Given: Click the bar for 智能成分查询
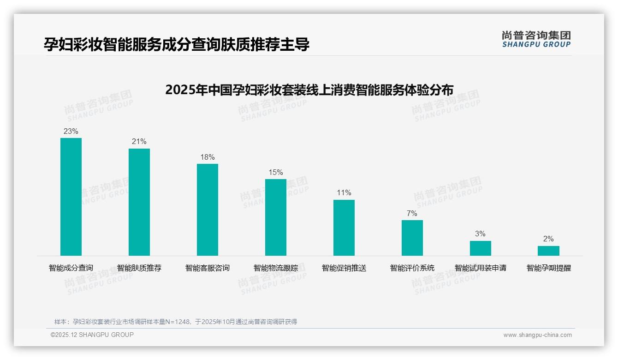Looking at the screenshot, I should click(71, 197).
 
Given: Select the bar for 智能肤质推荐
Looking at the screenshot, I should click(139, 202).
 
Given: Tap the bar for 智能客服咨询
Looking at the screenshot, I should click(208, 210).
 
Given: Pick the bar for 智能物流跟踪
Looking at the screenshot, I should click(276, 217).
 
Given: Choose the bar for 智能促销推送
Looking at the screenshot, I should click(344, 228).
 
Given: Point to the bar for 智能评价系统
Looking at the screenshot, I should click(412, 238).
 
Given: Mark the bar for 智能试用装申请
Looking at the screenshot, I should click(481, 248).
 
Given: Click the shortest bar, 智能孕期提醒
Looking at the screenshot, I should click(548, 251).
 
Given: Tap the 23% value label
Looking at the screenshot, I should click(71, 132).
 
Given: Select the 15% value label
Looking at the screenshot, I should click(276, 173).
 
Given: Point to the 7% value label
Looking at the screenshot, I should click(412, 214).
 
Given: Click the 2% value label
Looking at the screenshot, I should click(548, 239).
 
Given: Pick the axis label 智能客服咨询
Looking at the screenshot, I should click(208, 268).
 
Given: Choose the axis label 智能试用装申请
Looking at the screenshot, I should click(481, 268).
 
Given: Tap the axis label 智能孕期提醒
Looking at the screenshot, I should click(549, 268).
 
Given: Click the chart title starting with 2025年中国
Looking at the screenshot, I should click(309, 90).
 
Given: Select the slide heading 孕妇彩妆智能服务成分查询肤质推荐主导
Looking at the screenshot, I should click(177, 45).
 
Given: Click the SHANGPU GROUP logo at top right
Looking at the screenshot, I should click(536, 39).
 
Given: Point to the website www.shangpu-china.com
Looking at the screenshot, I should click(537, 335).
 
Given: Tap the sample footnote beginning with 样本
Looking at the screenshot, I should click(176, 322).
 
